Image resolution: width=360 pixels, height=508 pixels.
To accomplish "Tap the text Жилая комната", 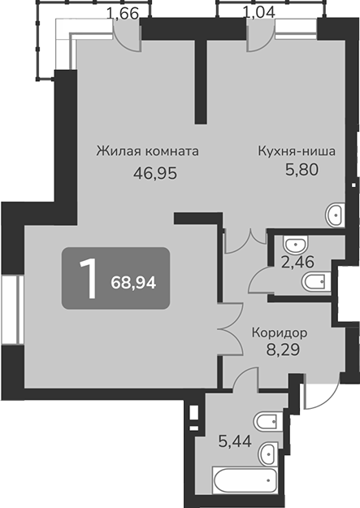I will (147, 151).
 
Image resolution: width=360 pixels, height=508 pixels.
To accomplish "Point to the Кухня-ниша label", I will (297, 151).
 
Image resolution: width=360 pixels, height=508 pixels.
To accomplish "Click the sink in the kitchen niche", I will (335, 215).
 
